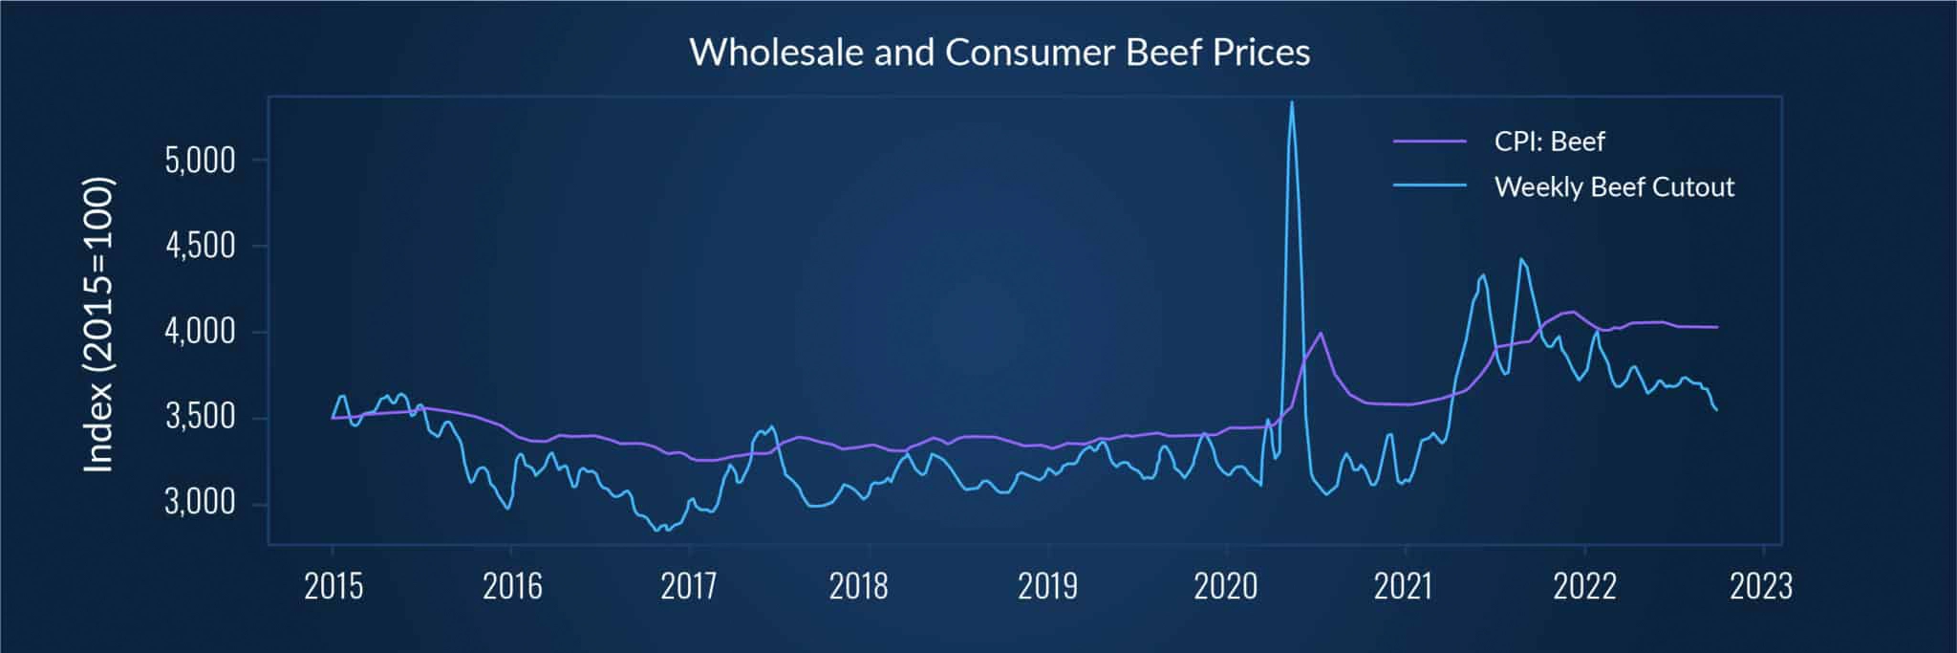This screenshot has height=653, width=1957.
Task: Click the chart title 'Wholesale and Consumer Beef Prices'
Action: [1000, 52]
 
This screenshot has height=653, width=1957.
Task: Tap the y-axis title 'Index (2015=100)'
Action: [99, 325]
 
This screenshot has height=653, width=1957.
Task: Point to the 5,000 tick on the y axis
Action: [200, 161]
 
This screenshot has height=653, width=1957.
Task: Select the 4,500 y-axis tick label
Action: [200, 247]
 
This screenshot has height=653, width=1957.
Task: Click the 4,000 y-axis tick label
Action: [200, 333]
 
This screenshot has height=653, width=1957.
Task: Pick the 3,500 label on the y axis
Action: [200, 418]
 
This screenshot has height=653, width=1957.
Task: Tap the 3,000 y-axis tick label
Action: [200, 503]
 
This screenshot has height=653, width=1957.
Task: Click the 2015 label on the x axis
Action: [333, 586]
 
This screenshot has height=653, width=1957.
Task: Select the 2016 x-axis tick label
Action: [512, 586]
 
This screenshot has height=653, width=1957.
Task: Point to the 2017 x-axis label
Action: [689, 586]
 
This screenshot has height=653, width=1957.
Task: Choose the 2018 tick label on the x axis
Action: [859, 586]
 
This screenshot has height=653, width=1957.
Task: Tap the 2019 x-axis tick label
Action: [1047, 586]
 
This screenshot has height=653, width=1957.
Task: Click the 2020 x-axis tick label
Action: [1226, 586]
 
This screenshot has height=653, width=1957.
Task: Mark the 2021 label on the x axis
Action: [1404, 586]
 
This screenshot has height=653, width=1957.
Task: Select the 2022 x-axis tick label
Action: [1584, 586]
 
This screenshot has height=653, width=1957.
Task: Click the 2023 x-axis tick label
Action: [1761, 586]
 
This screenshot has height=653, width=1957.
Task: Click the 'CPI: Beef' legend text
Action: [1549, 142]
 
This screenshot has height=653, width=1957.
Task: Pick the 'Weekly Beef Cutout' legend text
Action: [1614, 187]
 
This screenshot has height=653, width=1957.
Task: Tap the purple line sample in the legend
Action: [1430, 141]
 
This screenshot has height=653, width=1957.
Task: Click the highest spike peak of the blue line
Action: [1292, 102]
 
